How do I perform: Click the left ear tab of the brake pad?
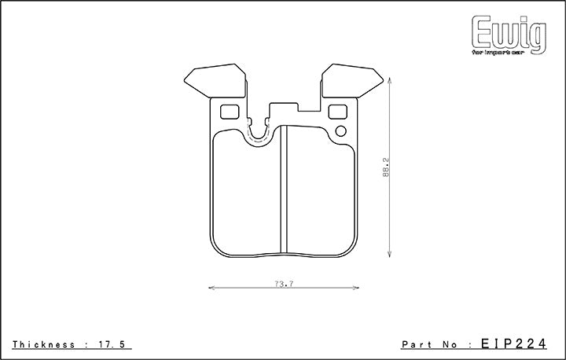(212, 79)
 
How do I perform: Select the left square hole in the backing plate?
(230, 111)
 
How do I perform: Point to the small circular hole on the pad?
(340, 130)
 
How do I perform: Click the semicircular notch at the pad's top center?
(260, 134)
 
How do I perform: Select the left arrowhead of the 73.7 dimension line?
(211, 289)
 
